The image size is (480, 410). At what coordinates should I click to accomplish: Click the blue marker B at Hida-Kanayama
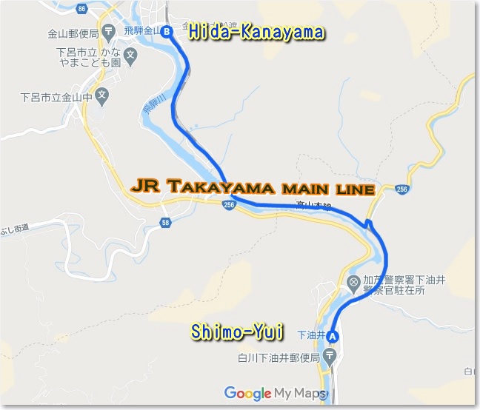pyautogui.click(x=167, y=32)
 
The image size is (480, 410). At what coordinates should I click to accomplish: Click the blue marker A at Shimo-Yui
pyautogui.click(x=333, y=336)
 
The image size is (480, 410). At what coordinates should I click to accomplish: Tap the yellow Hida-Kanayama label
pyautogui.click(x=256, y=33)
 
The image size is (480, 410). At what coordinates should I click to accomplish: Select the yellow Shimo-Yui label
pyautogui.click(x=237, y=332)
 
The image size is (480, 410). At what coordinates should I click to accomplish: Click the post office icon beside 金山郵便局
pyautogui.click(x=109, y=32)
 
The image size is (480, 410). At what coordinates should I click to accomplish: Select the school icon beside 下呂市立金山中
pyautogui.click(x=101, y=95)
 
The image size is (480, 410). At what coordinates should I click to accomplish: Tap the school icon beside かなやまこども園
pyautogui.click(x=130, y=54)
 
